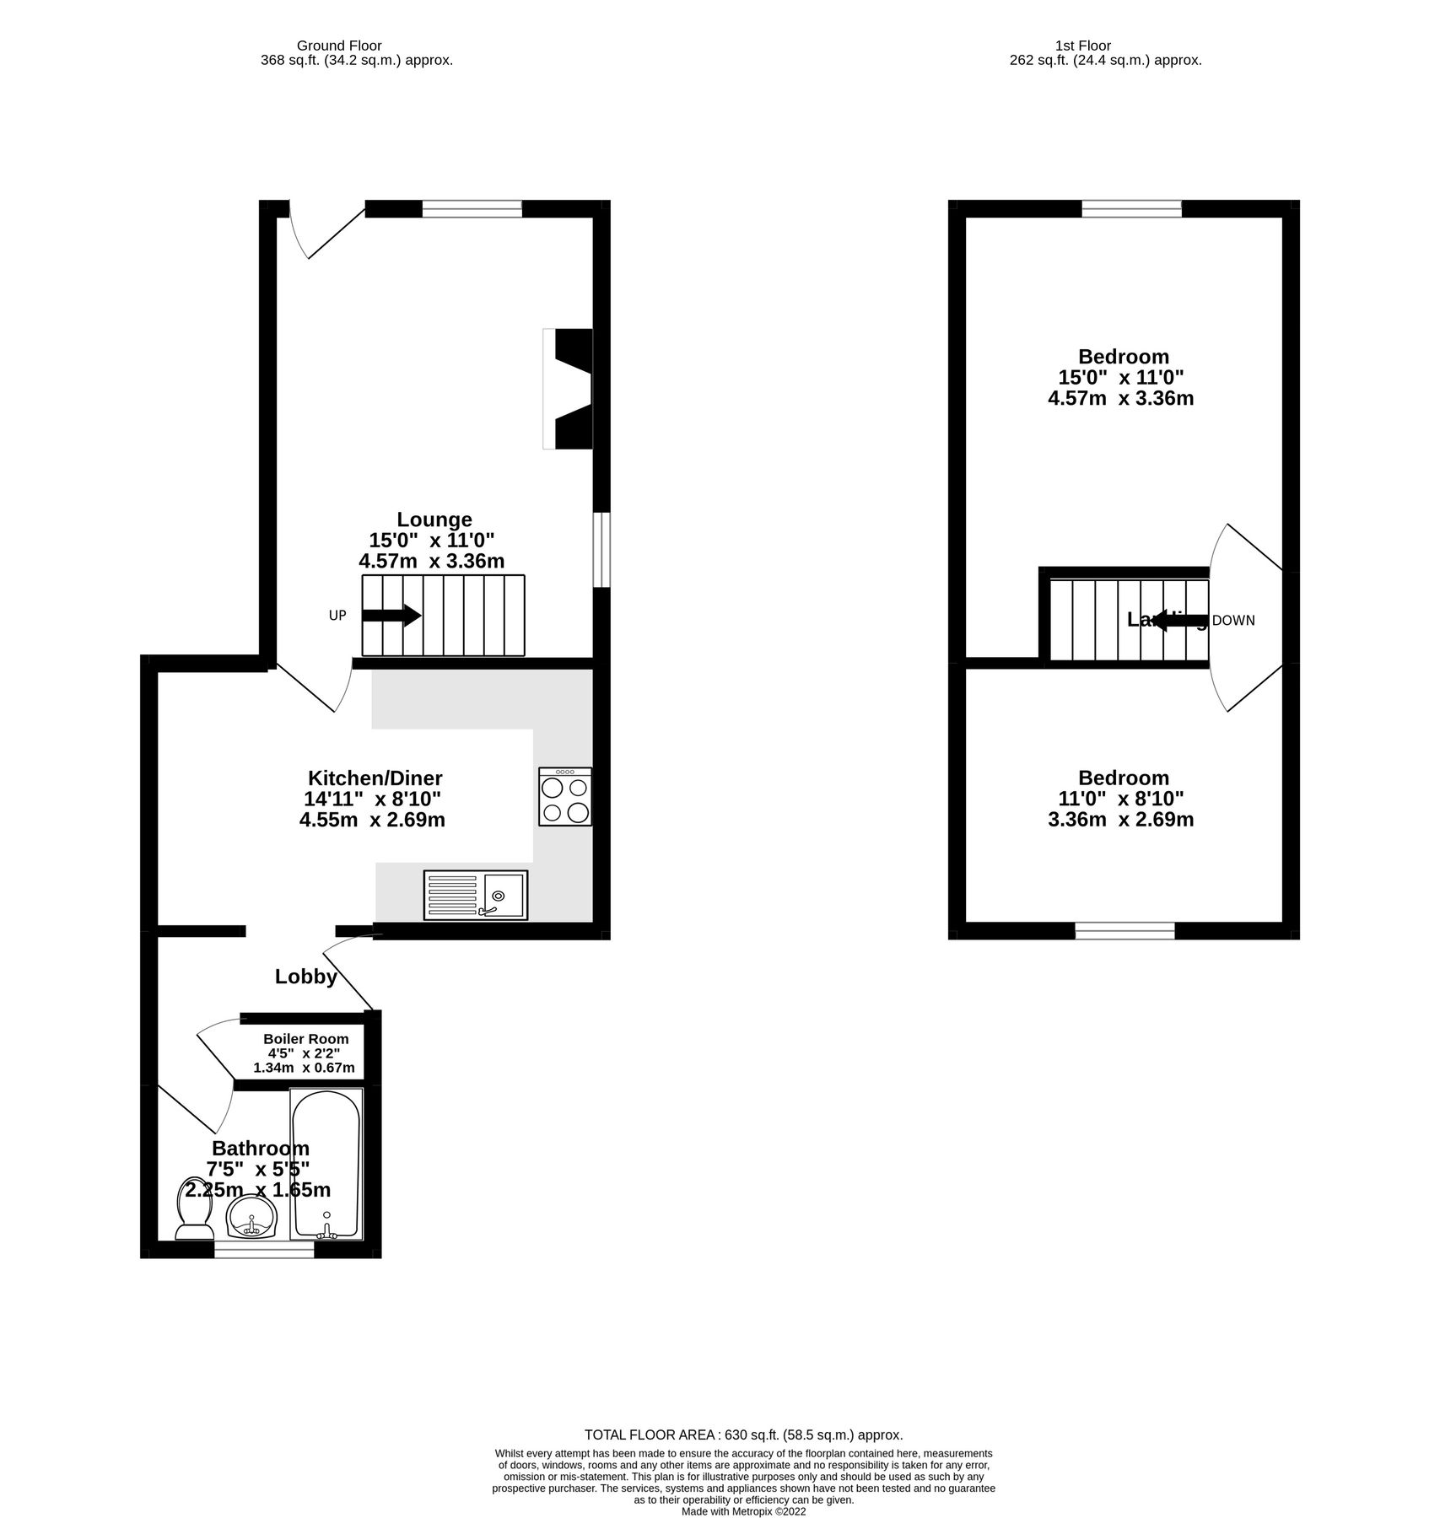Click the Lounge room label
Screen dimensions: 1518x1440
pos(434,520)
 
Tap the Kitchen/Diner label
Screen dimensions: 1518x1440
pos(375,778)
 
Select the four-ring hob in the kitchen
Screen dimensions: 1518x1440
pos(565,797)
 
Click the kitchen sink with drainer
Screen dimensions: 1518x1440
pos(476,895)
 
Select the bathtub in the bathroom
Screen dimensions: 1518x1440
pos(326,1165)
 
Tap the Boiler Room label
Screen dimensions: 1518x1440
pos(305,1039)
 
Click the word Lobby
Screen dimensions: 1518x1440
pos(306,977)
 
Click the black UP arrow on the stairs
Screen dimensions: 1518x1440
pos(391,616)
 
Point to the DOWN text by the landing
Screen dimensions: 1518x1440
pos(1233,621)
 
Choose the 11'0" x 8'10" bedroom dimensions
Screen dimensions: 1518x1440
pos(1121,799)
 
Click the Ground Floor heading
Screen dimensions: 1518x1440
pos(339,46)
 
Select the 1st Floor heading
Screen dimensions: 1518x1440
pos(1082,46)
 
